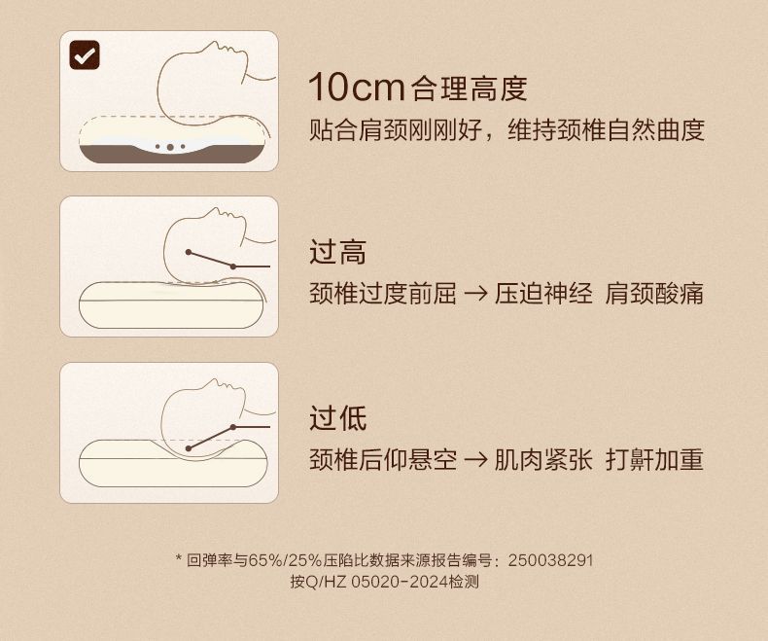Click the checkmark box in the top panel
[85, 54]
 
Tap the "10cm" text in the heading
[356, 88]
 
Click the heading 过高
[337, 252]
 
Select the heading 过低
[337, 418]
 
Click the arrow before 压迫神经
[475, 293]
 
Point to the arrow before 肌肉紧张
[475, 459]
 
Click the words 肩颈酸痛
[654, 293]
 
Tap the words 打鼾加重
[654, 459]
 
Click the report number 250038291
[550, 560]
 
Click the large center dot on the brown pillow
[170, 147]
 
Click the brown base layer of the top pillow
[171, 155]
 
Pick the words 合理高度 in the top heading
[470, 89]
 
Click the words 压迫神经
[543, 293]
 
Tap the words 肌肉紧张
[543, 459]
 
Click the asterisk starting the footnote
[179, 558]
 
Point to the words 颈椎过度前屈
[383, 293]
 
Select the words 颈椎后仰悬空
[383, 459]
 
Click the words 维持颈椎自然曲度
[607, 130]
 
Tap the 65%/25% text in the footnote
[285, 560]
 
